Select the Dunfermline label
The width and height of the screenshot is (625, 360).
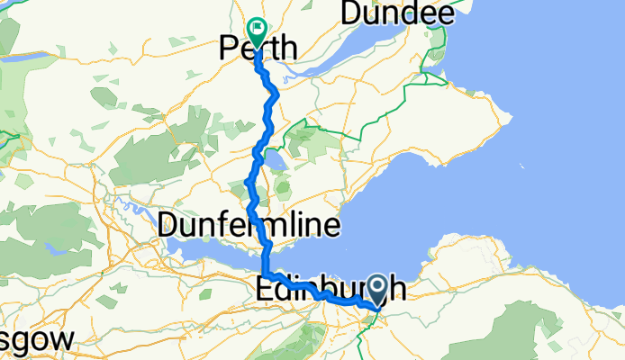249,227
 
